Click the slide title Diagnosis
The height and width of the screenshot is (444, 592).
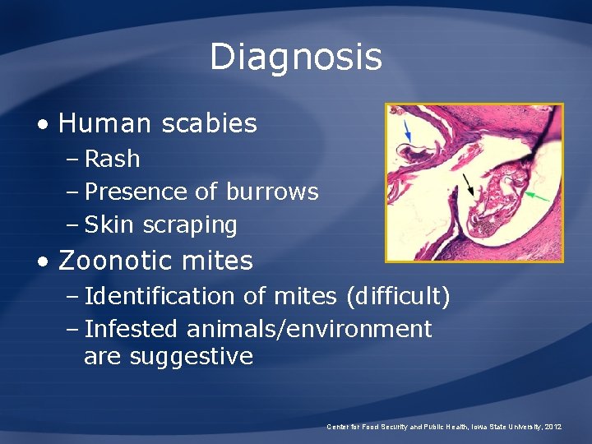296,58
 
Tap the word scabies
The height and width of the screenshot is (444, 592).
210,124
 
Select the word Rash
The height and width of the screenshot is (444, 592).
113,159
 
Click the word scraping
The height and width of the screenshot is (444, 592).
190,225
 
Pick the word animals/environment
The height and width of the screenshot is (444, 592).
309,329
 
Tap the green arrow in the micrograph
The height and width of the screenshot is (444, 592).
539,196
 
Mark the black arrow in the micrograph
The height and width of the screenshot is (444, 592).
467,184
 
